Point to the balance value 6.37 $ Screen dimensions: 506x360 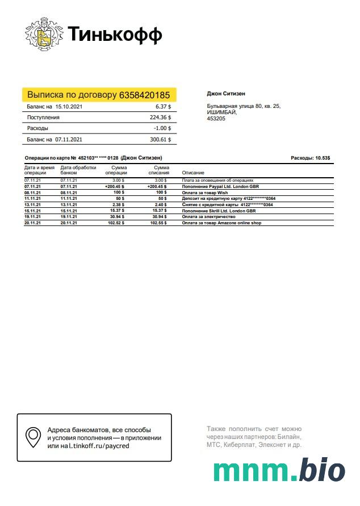click(x=163, y=106)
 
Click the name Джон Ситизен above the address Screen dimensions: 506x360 click(x=226, y=94)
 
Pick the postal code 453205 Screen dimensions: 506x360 click(x=216, y=119)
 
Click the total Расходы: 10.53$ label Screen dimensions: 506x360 click(x=310, y=158)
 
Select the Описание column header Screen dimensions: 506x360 click(x=193, y=172)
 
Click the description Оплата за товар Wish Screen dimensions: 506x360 click(x=205, y=193)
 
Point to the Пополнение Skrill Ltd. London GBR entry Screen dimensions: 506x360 click(x=219, y=211)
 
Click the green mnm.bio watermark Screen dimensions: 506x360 click(x=279, y=471)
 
